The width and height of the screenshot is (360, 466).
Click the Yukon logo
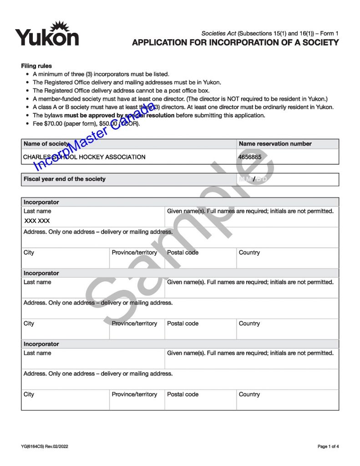coord(47,34)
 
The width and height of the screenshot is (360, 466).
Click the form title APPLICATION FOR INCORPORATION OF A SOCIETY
coord(235,43)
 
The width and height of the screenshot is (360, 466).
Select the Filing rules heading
coord(36,66)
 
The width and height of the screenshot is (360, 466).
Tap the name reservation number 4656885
coord(250,157)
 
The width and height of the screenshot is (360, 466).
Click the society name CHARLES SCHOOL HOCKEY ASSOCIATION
coord(85,157)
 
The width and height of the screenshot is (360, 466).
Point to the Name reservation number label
coord(275,144)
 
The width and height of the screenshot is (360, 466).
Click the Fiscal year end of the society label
coord(65,179)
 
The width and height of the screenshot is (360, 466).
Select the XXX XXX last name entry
coord(37,221)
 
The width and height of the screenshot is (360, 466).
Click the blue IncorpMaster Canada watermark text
coord(91,137)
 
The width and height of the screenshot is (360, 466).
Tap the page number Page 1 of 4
coord(328,446)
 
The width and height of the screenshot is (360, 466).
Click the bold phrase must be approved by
coord(86,115)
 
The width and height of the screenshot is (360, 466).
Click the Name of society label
coord(46,144)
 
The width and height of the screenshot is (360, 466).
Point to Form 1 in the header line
coord(330,34)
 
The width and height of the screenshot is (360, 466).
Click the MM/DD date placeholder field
coord(253,179)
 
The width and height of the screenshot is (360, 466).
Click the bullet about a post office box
coord(121,91)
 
